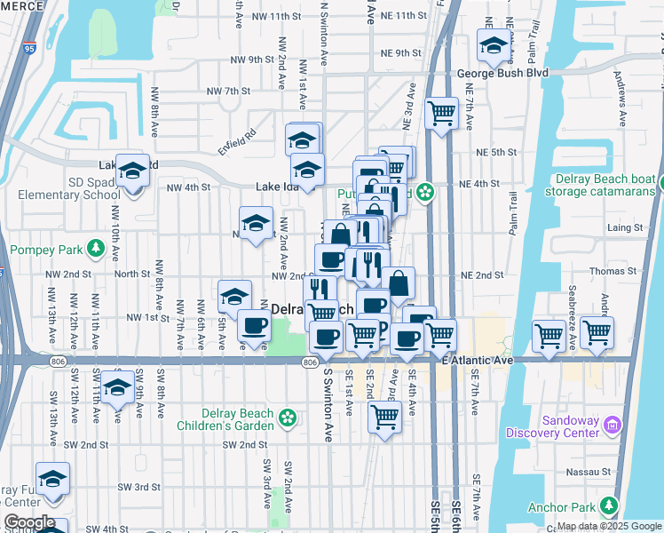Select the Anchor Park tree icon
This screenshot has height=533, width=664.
click(x=609, y=506)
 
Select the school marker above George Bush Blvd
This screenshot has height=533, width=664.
click(x=493, y=44)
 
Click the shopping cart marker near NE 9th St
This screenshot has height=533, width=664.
click(x=441, y=113)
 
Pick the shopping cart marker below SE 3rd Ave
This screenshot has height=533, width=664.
click(x=384, y=415)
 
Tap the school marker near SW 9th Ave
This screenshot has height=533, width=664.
click(x=117, y=386)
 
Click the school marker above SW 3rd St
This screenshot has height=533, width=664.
click(x=52, y=478)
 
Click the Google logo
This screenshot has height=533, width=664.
click(x=29, y=522)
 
